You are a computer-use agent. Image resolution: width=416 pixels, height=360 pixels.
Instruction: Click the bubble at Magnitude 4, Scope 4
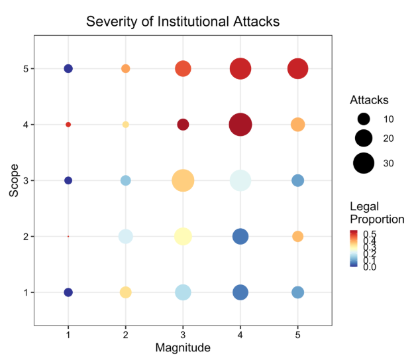[240, 125]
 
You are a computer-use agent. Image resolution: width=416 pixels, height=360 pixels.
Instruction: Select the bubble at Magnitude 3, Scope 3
[183, 180]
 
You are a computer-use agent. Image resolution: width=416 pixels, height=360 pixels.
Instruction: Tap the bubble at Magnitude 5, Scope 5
[297, 68]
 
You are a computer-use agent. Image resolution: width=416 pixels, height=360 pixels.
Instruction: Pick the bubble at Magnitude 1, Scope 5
[68, 68]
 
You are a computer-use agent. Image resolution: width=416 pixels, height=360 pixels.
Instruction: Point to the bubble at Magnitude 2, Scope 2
[125, 236]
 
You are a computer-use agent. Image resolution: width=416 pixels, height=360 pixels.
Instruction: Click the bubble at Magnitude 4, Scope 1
[240, 292]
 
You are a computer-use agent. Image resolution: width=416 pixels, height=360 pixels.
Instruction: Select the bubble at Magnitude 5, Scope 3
[297, 180]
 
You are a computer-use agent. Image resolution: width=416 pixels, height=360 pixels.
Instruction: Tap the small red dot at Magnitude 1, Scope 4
[68, 125]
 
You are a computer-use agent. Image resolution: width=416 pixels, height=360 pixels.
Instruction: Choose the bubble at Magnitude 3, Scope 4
[183, 125]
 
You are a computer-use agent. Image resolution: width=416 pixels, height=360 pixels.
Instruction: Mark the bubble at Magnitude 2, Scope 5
[125, 68]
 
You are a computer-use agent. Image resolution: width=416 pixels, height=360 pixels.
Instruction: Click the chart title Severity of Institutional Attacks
[183, 21]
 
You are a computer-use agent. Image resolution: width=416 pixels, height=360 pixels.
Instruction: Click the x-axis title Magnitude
[183, 347]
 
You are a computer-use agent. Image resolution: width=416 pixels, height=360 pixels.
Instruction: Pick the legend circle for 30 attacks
[364, 162]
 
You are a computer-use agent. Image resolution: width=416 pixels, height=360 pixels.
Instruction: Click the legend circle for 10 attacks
[364, 119]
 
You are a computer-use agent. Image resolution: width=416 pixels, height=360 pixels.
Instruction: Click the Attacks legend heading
[369, 100]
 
